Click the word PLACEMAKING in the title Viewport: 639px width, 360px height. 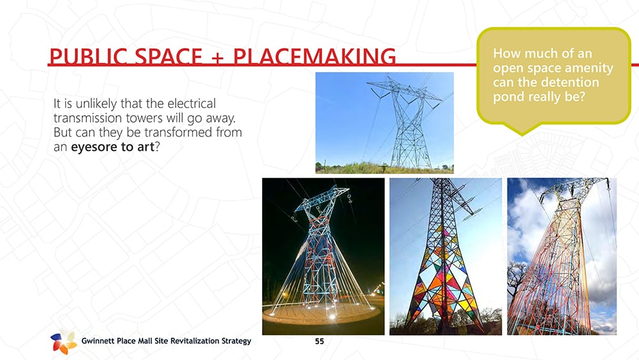click(314, 56)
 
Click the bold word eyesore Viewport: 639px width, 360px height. click(93, 147)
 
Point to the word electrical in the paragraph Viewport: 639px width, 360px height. click(192, 104)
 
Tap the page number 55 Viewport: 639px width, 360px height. click(319, 341)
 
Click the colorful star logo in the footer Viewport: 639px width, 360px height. click(63, 342)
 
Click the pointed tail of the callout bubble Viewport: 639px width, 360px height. click(522, 131)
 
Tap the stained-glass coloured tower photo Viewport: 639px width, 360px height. click(445, 256)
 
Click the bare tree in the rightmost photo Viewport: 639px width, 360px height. click(517, 281)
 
